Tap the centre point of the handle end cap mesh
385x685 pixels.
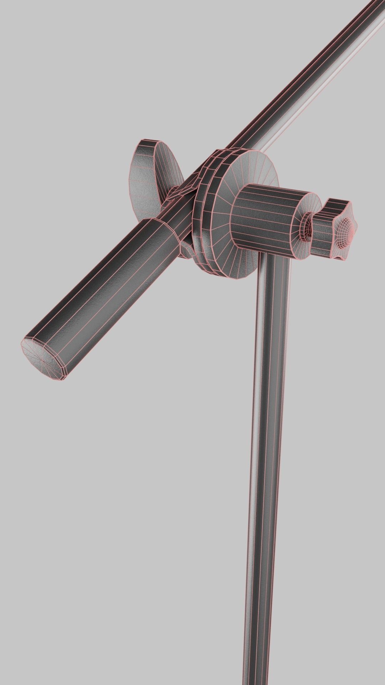click(x=42, y=360)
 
